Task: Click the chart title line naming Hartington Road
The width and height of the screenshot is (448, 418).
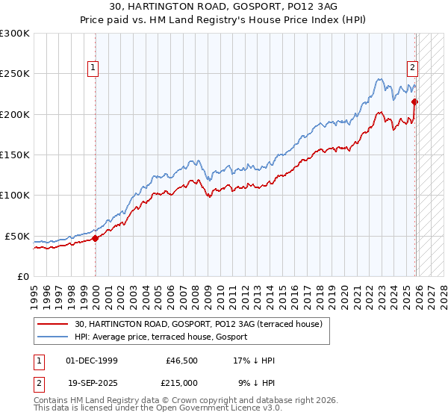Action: click(x=223, y=7)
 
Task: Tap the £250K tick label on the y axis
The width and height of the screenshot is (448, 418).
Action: click(x=15, y=74)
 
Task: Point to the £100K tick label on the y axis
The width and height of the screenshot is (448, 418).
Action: click(x=15, y=195)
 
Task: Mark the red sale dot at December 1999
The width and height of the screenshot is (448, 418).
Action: click(x=96, y=239)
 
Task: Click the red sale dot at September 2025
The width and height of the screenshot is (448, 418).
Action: click(x=415, y=102)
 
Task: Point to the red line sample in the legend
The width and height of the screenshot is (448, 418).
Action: click(x=53, y=324)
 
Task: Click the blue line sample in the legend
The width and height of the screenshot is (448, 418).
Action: click(x=53, y=337)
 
